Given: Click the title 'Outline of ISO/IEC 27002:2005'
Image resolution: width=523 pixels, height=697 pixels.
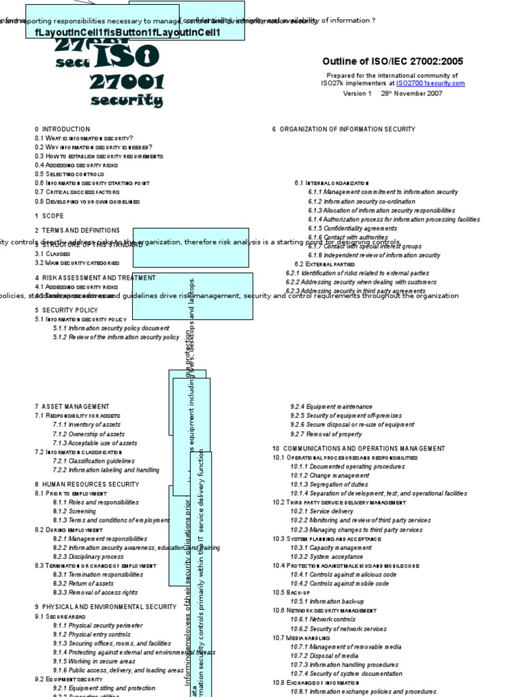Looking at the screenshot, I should tap(387, 61).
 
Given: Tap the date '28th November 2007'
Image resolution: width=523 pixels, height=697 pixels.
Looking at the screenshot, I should tap(413, 93).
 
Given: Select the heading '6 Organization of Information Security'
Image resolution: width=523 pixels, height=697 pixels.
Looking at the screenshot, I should tap(343, 129).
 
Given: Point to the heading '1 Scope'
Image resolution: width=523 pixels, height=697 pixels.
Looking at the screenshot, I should tap(49, 216).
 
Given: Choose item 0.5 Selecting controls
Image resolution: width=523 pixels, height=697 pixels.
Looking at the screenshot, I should tap(69, 174).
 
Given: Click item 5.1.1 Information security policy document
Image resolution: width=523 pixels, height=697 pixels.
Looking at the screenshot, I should tap(111, 328).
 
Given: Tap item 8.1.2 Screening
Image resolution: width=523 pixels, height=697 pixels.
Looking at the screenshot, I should tap(75, 511).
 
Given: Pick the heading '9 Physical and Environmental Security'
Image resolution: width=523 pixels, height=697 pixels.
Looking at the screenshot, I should tap(106, 606).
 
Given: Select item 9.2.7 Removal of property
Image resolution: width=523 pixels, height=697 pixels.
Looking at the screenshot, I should tap(326, 434).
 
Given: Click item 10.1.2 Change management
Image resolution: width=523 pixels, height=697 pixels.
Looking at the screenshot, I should tap(321, 476).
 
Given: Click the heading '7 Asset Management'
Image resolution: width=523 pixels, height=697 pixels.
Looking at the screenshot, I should tap(72, 406).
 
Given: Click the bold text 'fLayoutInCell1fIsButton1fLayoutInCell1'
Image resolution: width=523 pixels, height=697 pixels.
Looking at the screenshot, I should tap(123, 32).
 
